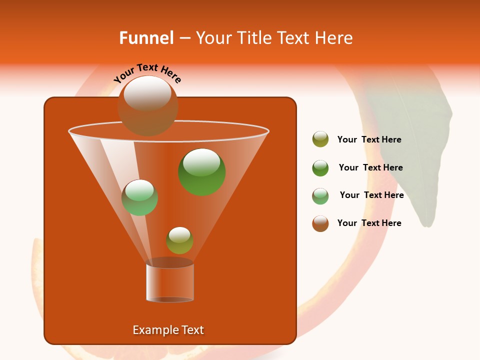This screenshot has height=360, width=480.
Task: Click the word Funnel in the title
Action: click(x=146, y=38)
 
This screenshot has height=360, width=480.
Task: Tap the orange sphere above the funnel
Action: click(x=147, y=105)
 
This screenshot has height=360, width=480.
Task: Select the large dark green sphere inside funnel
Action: click(x=202, y=172)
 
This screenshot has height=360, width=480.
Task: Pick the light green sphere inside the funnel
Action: click(x=139, y=197)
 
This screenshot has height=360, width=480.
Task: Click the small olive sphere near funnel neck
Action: click(x=179, y=240)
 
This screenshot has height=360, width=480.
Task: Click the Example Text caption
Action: click(x=168, y=330)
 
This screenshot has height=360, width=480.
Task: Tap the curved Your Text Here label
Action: click(x=147, y=73)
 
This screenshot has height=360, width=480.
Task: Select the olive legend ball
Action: click(x=320, y=139)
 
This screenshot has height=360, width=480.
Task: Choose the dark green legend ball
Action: click(x=320, y=168)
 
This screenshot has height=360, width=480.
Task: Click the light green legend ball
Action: click(x=320, y=196)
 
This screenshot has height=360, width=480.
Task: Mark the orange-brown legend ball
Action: click(x=320, y=223)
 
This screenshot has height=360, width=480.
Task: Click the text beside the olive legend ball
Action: click(x=369, y=140)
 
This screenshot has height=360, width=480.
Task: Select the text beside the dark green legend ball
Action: click(x=370, y=168)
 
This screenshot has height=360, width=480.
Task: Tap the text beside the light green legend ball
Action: click(x=371, y=195)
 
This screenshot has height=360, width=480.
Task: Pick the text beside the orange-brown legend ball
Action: click(x=369, y=223)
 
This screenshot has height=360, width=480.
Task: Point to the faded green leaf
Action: click(x=415, y=145)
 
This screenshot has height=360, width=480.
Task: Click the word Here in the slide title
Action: click(x=335, y=38)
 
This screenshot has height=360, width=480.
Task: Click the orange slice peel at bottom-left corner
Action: click(x=40, y=280)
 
